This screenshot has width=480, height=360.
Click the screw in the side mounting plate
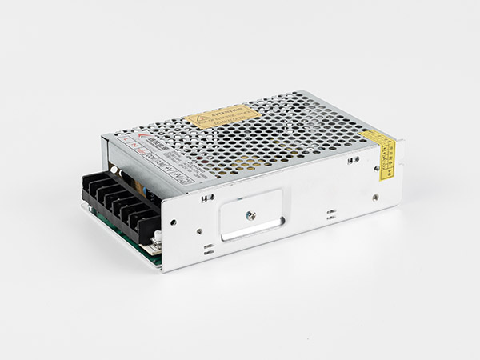(x=250, y=214)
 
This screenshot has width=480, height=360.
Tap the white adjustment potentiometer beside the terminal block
(x=158, y=235)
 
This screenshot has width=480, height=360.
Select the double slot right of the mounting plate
(x=329, y=214)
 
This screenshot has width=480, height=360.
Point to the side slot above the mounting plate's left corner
(x=208, y=197)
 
